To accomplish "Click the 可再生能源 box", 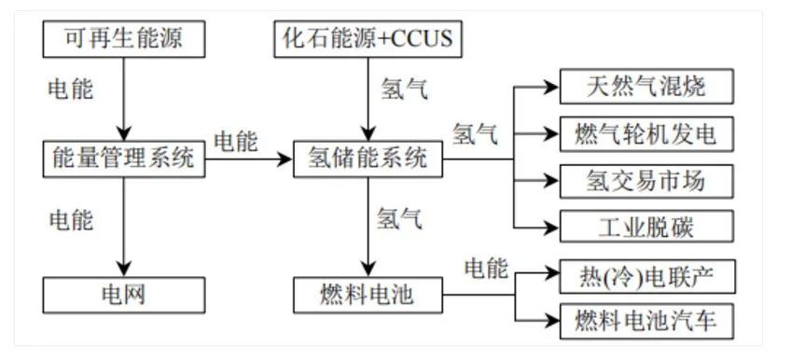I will pos(122,39).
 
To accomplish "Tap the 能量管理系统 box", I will pos(122,159).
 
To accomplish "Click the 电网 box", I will pos(123,296).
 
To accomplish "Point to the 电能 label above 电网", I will pos(71,220).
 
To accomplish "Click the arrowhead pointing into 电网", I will pos(122,271).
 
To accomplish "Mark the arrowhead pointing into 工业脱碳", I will pos(551,226).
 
